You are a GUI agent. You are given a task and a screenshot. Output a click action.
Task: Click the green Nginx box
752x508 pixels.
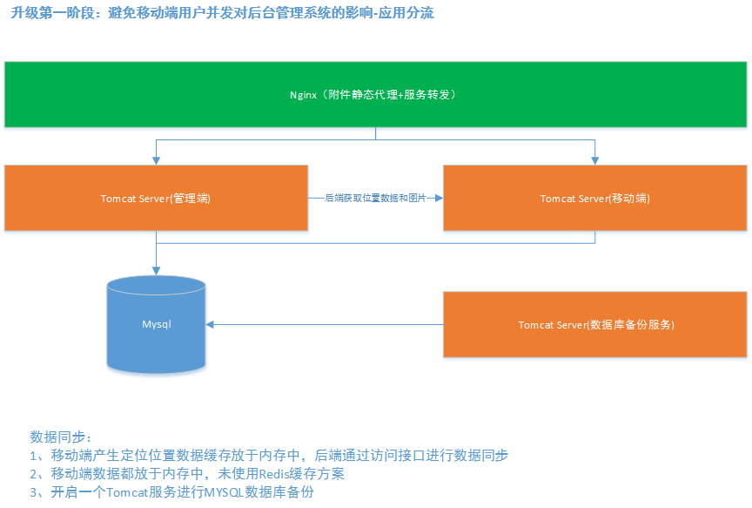(375, 94)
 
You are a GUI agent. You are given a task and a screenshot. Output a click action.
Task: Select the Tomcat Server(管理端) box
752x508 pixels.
(156, 198)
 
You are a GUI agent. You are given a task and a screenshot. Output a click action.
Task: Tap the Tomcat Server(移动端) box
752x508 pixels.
(594, 198)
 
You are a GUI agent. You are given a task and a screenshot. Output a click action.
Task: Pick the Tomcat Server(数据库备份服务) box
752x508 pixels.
(594, 324)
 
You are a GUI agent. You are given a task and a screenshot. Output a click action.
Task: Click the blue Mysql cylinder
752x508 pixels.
(156, 324)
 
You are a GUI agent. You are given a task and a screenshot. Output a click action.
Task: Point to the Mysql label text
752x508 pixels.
(157, 324)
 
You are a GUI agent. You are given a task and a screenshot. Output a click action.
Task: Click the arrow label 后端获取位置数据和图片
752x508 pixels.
(375, 199)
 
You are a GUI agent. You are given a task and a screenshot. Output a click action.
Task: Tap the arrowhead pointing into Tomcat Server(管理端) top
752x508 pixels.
(156, 160)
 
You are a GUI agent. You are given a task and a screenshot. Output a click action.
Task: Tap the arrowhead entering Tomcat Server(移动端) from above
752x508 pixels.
(594, 160)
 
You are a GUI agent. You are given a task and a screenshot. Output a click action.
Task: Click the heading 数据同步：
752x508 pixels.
(61, 437)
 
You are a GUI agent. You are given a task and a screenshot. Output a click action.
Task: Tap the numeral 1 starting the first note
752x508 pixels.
(33, 456)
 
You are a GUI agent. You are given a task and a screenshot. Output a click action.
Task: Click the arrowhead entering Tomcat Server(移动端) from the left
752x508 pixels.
(439, 198)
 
